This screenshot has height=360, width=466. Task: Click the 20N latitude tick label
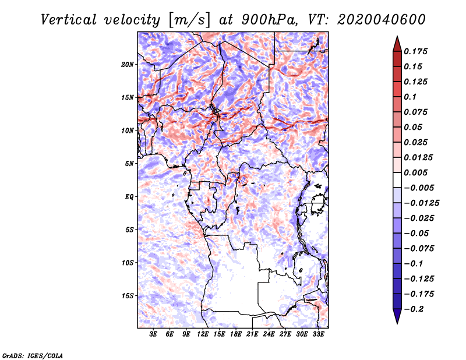(128, 65)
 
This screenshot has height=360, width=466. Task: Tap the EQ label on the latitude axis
(129, 197)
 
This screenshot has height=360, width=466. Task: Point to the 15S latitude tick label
(128, 296)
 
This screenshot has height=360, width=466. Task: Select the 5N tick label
(129, 164)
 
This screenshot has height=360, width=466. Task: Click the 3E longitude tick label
(153, 334)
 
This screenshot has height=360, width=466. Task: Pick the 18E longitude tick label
(236, 334)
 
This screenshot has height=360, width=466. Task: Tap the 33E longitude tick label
(318, 334)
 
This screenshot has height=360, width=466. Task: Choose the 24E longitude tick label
(269, 334)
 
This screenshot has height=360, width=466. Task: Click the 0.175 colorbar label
(415, 51)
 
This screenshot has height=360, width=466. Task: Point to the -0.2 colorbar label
(414, 309)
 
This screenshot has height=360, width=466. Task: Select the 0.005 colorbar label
(415, 172)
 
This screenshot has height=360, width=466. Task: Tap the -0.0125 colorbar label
(421, 203)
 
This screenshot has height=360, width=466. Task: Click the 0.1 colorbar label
(410, 97)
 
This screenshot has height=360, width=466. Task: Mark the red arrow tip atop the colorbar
(397, 36)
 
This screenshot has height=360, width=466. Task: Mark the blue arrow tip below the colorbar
(397, 323)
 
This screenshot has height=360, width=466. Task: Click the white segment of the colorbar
(397, 180)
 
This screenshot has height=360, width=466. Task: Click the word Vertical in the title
(69, 20)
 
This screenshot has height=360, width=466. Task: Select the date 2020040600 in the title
(382, 20)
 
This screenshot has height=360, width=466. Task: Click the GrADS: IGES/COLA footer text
(33, 355)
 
